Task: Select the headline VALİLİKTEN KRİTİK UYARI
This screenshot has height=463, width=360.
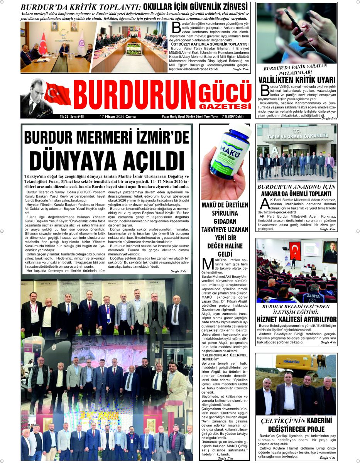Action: pos(296,80)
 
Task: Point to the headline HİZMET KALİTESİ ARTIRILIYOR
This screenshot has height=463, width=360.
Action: pos(296,319)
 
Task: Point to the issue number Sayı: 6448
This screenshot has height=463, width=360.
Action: pos(77,117)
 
